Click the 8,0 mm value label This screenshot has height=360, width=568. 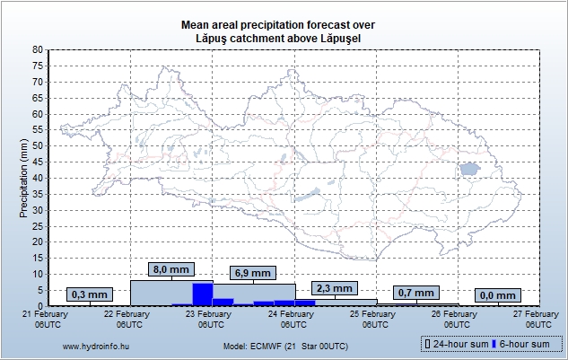170,268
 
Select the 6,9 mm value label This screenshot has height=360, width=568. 252,272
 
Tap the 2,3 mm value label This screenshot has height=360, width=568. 334,287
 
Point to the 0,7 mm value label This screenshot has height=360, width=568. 415,293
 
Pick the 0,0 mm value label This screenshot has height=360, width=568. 497,294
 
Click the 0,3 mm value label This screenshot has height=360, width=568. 89,294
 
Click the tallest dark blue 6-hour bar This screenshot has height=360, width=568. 202,294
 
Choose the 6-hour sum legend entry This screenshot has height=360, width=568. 522,345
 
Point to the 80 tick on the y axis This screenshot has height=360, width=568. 38,50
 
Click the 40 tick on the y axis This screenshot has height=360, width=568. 38,178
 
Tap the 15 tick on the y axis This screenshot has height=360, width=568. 38,258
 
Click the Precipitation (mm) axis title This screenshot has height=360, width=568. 24,178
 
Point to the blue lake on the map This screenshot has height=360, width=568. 468,169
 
